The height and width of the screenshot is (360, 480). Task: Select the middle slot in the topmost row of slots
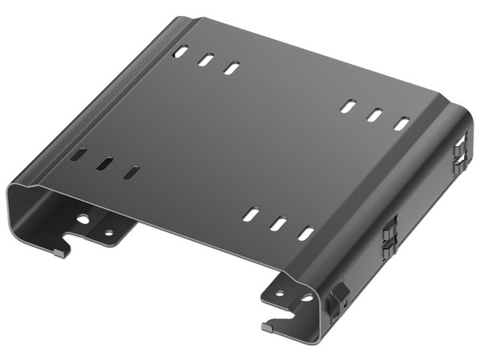tap(206, 60)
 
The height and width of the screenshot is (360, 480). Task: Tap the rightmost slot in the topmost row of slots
tap(231, 69)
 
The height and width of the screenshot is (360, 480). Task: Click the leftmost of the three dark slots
tap(80, 154)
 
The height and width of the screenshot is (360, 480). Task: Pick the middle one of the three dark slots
tap(106, 163)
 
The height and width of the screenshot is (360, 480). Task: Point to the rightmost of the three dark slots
tap(131, 172)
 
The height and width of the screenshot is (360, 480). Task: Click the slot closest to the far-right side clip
tap(402, 124)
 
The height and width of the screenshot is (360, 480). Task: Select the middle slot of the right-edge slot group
tap(374, 114)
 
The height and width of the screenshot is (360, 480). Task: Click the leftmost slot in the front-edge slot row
tap(250, 214)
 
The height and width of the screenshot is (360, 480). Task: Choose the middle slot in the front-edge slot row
tap(278, 224)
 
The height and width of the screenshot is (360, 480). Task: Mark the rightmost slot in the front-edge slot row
tap(306, 234)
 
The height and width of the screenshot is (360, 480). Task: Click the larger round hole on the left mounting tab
tap(83, 218)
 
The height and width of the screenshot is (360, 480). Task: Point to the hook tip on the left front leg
tap(60, 252)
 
